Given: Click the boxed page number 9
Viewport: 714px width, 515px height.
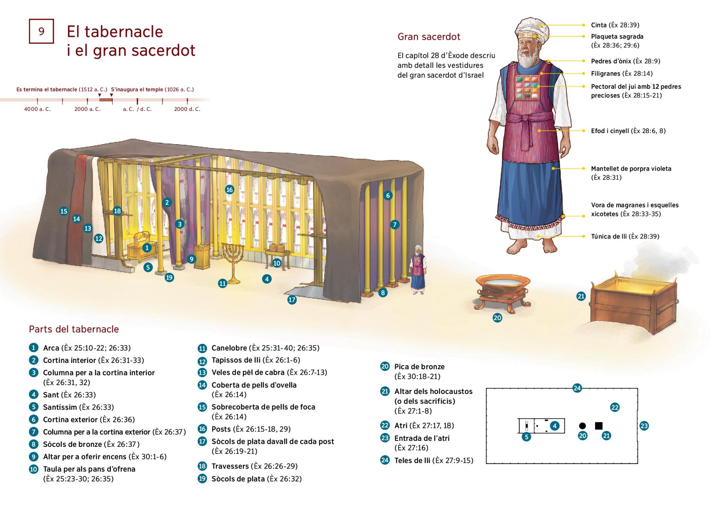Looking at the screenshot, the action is [41, 31].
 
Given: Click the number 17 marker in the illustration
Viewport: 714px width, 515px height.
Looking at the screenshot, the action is [292, 300].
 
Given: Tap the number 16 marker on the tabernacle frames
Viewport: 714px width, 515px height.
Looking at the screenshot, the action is [229, 190].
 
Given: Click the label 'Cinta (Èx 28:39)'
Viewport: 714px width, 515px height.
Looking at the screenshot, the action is [615, 25].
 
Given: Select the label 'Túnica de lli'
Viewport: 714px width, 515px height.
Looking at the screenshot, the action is [609, 237].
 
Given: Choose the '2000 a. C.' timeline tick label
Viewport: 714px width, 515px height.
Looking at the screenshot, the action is [87, 109].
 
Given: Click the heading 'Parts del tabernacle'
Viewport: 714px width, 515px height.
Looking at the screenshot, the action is [74, 329].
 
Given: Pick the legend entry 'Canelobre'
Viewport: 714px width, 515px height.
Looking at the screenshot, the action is [229, 348].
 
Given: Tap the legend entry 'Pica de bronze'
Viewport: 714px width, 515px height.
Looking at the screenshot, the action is [419, 367].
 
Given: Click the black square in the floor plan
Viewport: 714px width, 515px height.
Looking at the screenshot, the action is [599, 426].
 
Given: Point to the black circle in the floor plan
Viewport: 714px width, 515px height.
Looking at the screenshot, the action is [582, 426].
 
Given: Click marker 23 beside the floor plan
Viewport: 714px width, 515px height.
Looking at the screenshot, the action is [644, 426].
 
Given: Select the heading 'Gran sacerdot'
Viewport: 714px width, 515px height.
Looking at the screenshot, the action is [429, 37].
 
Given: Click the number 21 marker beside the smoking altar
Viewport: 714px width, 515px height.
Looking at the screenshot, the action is [581, 296].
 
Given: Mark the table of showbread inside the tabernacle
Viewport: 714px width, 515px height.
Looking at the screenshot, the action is [277, 254].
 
